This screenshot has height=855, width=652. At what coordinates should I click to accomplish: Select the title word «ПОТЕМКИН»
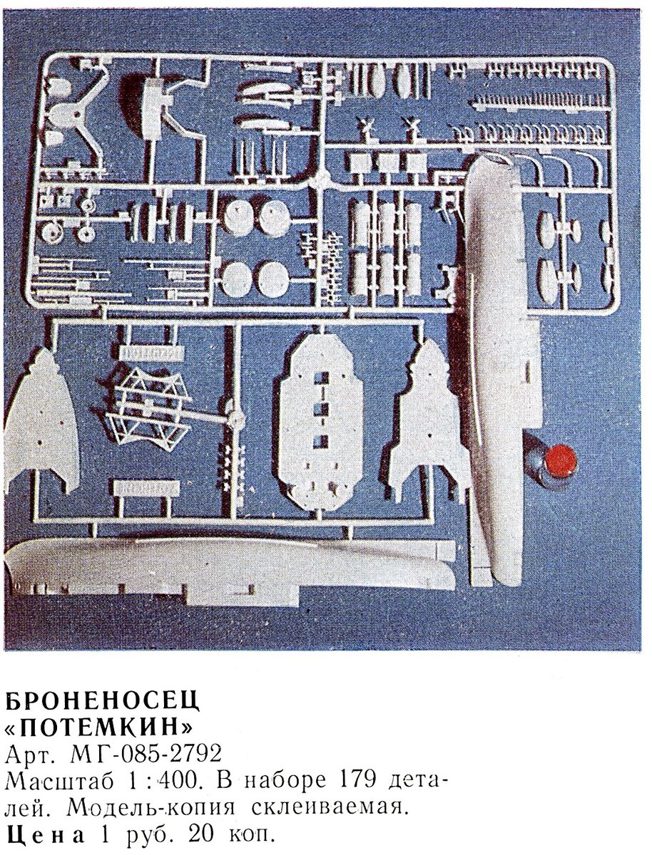point(99,727)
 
